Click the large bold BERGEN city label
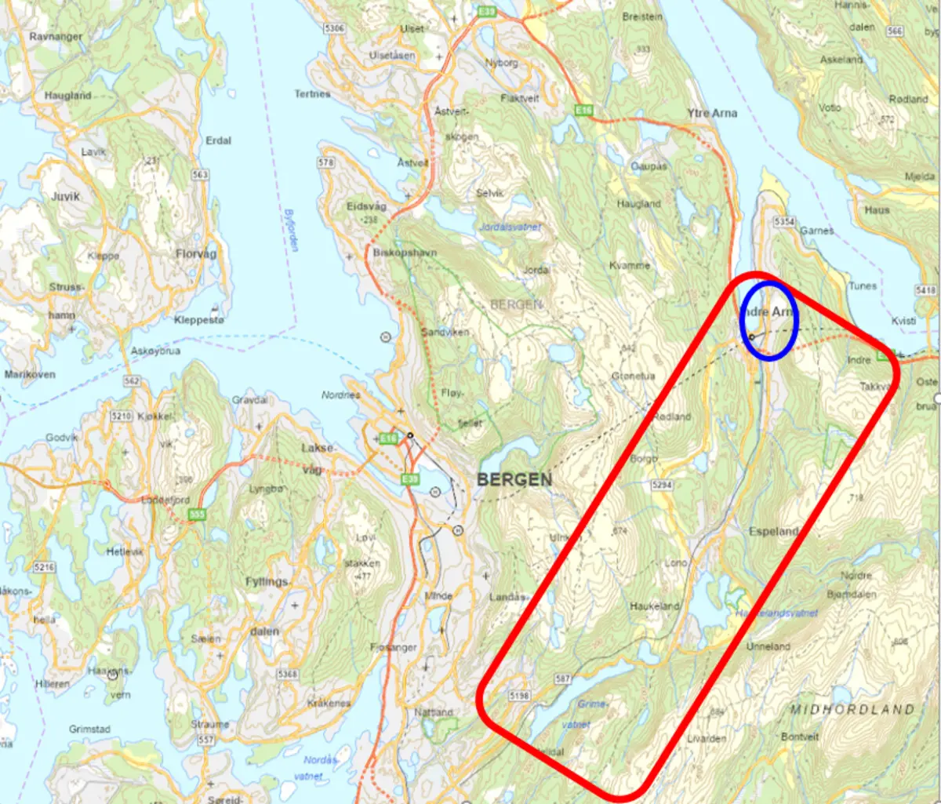[514, 479]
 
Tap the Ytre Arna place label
[712, 113]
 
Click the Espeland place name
[773, 531]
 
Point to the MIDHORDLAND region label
[852, 709]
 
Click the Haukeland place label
[655, 606]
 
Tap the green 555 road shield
[197, 515]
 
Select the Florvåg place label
[196, 254]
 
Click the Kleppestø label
[199, 320]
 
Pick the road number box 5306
[334, 28]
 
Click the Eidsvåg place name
[366, 206]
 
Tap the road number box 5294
[662, 486]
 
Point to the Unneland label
[768, 646]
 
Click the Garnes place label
[817, 231]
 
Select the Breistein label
[642, 16]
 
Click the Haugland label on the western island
[67, 96]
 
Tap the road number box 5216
[45, 567]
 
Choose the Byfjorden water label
[291, 230]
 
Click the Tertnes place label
[312, 94]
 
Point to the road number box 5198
[519, 696]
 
